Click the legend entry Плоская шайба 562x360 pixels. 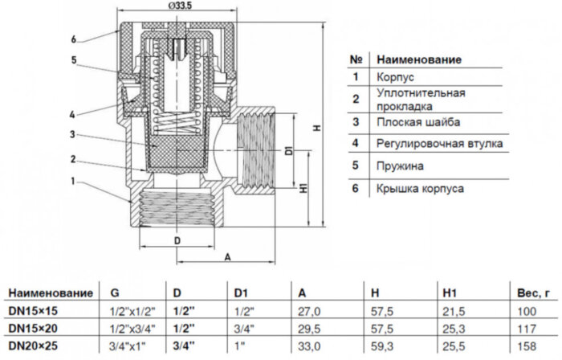[417, 123]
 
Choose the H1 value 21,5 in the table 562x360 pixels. [454, 311]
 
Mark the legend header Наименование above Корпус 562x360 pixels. [419, 59]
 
